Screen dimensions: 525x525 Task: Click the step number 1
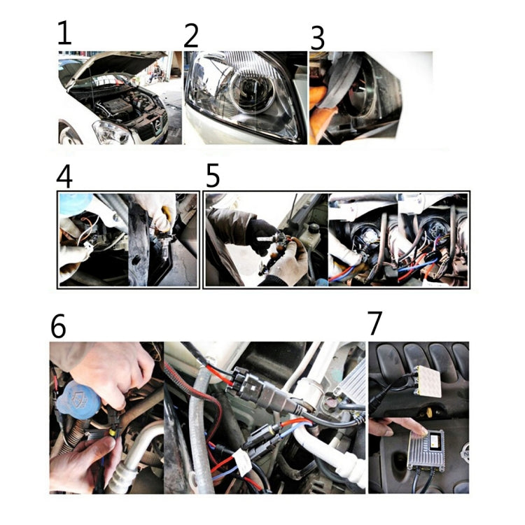point(64,34)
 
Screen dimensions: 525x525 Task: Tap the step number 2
point(191,35)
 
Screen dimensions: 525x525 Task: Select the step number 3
point(317,38)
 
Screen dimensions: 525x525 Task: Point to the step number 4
point(64,176)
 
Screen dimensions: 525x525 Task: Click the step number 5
point(213,176)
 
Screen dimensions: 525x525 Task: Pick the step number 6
point(59,325)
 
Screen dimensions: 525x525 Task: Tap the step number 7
point(376,323)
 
